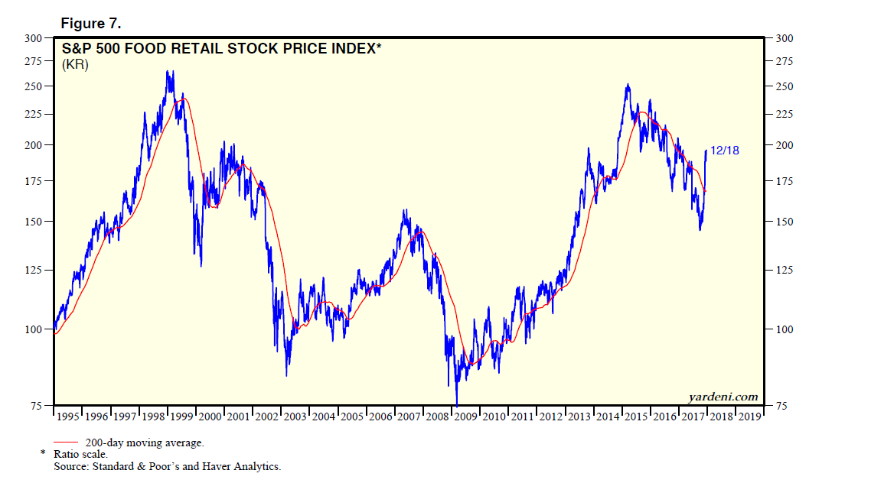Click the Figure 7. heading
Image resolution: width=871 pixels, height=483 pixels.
coord(91,24)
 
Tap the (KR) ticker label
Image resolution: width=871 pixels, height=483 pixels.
coord(75,65)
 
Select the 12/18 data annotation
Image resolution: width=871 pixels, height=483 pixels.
coord(725,151)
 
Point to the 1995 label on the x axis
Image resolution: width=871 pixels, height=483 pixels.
coord(69,417)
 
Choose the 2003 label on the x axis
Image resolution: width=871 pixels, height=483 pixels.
coord(295,417)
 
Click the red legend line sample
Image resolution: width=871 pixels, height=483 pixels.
coord(66,442)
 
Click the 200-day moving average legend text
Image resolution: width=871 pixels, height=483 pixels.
coord(144,442)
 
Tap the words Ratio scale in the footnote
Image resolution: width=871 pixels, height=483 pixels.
coord(80,454)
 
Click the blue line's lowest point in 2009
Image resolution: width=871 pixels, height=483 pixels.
coord(456,404)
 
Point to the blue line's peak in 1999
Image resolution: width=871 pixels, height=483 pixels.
coord(169,71)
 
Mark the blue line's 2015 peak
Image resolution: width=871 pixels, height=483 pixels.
coord(628,84)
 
